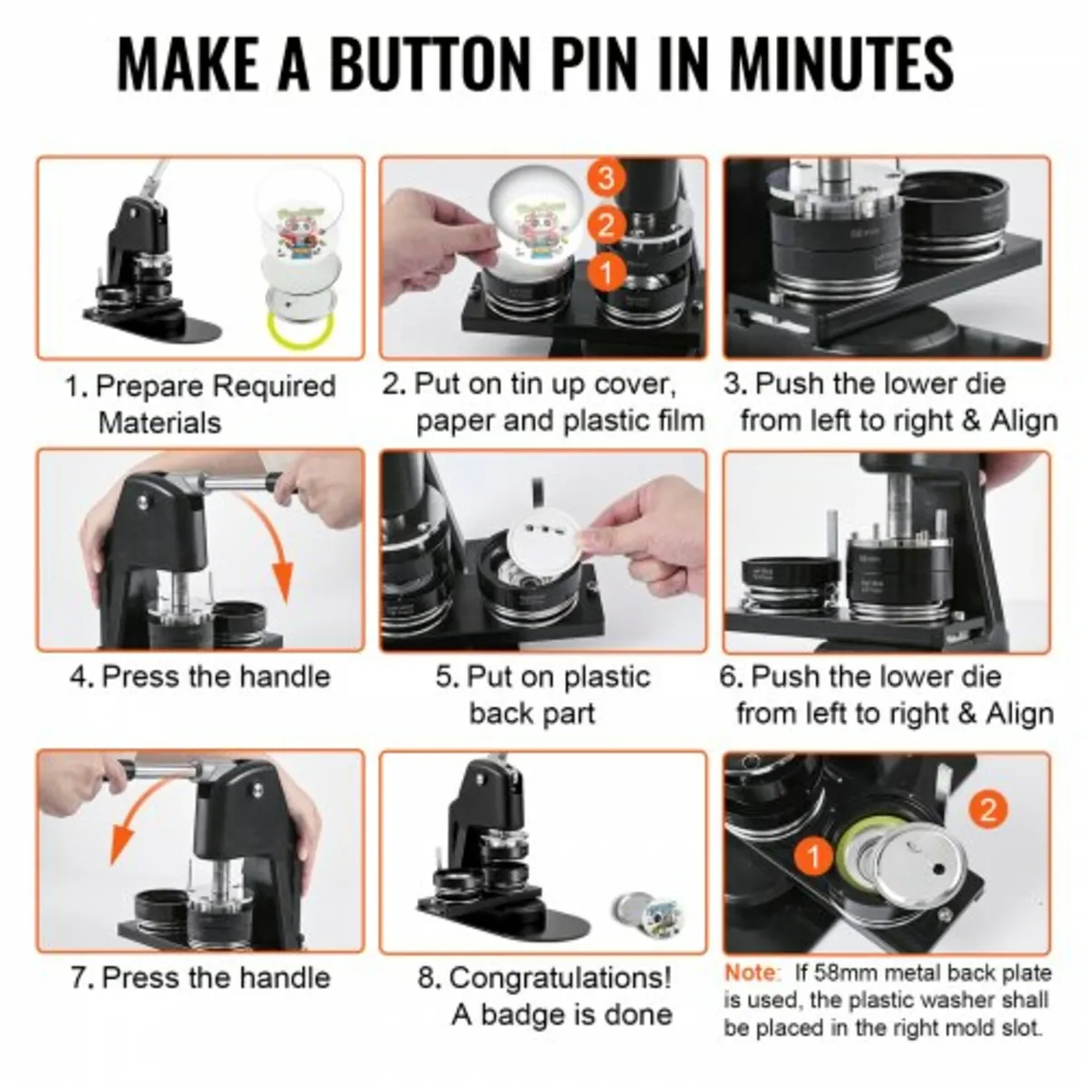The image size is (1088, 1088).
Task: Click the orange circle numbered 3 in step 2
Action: pos(606,177)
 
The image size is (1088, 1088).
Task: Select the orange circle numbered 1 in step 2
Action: pos(606,269)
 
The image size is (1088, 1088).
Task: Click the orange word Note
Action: pos(752,973)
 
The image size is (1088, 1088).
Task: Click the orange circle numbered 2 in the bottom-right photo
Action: pos(987,808)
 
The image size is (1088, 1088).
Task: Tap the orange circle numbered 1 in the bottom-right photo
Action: pos(815,856)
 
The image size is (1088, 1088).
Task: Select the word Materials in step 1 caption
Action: pos(160,423)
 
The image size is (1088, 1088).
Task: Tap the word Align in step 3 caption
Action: pos(1024,421)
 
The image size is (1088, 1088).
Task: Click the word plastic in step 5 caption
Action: pos(607,676)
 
